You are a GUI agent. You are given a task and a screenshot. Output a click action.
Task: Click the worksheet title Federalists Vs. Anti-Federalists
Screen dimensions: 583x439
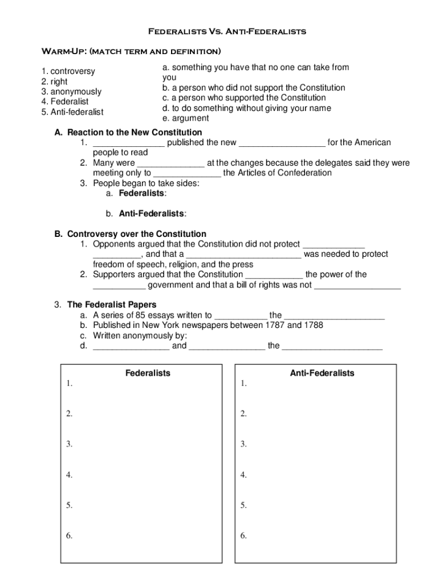click(227, 31)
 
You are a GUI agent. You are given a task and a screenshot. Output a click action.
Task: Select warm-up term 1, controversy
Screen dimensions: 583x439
click(68, 72)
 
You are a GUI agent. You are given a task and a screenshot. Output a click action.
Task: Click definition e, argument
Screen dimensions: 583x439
click(185, 118)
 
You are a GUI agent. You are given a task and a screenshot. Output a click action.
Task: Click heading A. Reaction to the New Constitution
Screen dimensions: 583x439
click(128, 133)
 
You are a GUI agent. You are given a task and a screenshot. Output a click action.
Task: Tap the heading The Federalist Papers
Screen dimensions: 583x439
click(112, 305)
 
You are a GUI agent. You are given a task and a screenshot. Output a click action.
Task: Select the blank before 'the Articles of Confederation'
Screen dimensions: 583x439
click(187, 174)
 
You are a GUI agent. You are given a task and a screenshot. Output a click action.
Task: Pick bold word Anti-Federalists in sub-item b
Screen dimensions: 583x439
click(152, 214)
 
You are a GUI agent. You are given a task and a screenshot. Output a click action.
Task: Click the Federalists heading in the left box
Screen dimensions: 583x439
click(148, 373)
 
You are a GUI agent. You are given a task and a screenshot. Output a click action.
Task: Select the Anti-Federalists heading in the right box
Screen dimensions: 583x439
click(322, 373)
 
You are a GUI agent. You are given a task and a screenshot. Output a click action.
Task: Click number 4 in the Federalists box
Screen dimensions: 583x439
click(69, 475)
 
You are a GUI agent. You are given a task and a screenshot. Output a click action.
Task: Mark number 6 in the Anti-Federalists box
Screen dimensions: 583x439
click(243, 536)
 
